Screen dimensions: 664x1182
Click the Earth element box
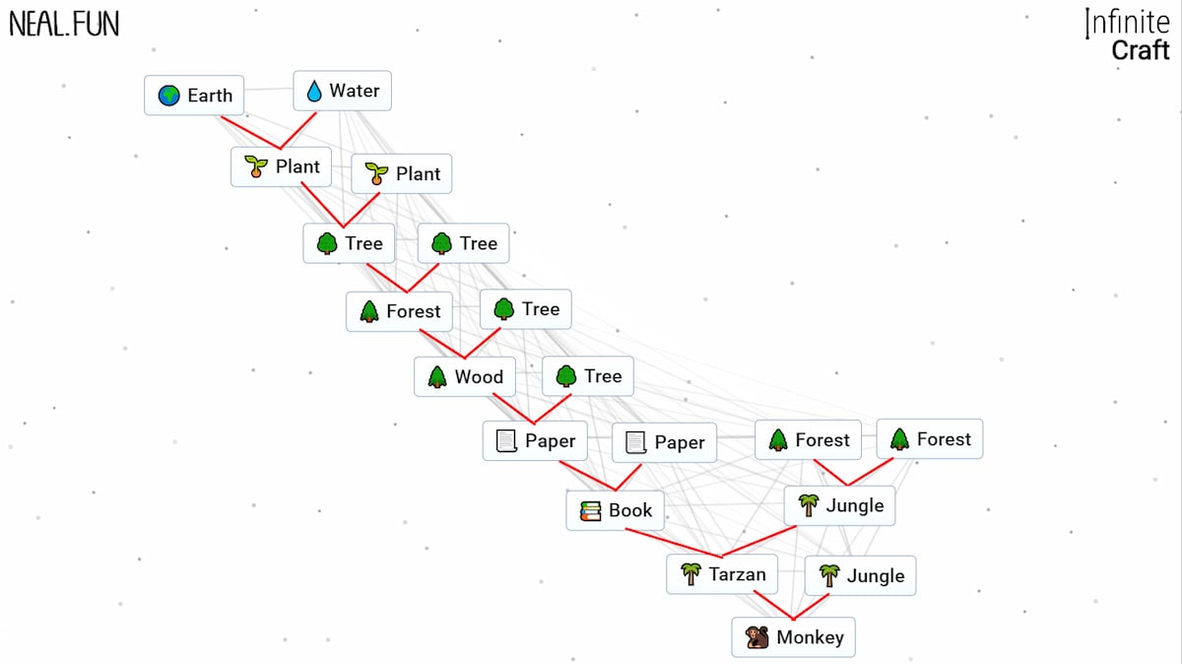coord(194,96)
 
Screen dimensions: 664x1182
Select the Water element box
coord(342,91)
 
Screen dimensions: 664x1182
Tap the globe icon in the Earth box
coord(169,96)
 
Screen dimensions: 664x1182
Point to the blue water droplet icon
coord(314,92)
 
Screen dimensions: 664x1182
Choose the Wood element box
coord(465,376)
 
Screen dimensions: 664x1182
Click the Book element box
coord(616,510)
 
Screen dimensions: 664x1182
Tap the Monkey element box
coord(794,637)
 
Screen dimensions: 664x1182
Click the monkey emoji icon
coord(757,637)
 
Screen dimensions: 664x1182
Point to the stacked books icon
coord(590,510)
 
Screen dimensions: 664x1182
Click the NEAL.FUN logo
coord(64,24)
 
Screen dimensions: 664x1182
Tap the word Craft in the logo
coord(1140,50)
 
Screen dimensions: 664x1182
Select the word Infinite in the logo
coord(1128,22)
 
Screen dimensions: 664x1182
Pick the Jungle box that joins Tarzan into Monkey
coord(860,575)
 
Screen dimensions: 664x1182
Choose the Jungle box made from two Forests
coord(840,505)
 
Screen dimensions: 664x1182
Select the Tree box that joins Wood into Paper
coord(588,375)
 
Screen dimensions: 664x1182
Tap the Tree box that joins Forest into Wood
coord(525,309)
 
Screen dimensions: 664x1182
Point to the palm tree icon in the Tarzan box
coord(690,574)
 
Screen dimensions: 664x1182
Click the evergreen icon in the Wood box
coord(437,376)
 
